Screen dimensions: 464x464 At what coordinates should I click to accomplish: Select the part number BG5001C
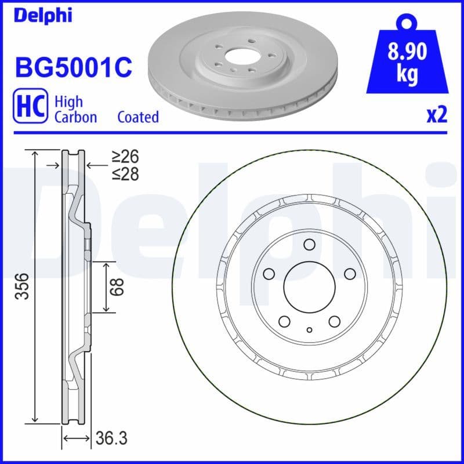tap(73, 67)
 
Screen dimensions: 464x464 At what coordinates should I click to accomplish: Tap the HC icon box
tap(29, 108)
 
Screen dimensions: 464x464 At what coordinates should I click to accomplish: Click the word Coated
tap(138, 117)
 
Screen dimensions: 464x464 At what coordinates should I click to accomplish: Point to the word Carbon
tap(75, 117)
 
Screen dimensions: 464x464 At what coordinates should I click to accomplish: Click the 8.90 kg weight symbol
tap(407, 61)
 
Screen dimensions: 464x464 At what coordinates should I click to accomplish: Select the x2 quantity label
tap(437, 115)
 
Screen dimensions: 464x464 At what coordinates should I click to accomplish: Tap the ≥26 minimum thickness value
tap(125, 157)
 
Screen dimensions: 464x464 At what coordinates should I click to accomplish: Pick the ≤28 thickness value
tap(125, 173)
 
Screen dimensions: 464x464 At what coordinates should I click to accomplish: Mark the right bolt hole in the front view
tap(350, 274)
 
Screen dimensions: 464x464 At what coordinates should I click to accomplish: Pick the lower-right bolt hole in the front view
tap(335, 321)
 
